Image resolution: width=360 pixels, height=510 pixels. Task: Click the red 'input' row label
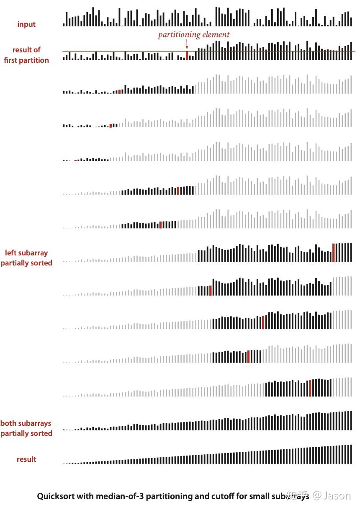[26, 24]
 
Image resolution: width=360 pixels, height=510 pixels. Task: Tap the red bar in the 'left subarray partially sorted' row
[334, 252]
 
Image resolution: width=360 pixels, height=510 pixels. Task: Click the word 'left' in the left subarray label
[11, 252]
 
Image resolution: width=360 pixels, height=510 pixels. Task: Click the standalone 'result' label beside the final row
[26, 459]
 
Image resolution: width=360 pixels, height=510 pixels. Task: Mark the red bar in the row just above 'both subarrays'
[310, 388]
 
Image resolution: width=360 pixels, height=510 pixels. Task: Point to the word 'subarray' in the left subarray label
[33, 252]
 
